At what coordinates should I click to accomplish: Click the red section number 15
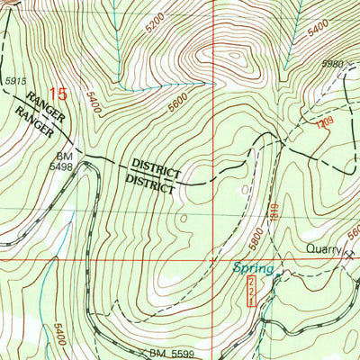pos(58,93)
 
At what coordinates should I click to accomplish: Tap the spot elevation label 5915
pos(14,82)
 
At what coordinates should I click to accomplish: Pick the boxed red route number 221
pos(249,292)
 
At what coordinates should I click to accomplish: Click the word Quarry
pos(321,249)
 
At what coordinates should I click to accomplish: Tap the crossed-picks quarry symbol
pos(349,253)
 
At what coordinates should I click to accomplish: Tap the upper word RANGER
pos(45,103)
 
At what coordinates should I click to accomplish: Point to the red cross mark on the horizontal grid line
pos(212,257)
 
